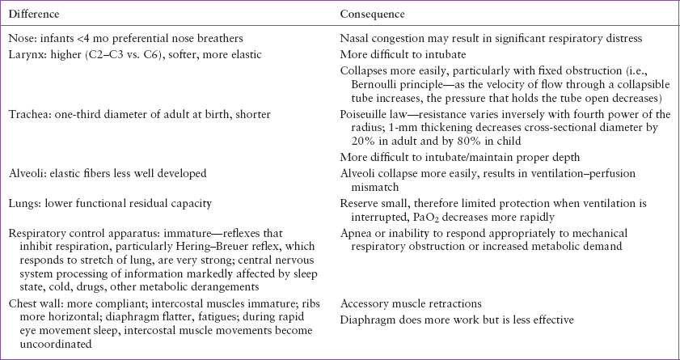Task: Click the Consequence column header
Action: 373,15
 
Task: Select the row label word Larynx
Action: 24,54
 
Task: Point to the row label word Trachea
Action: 27,114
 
